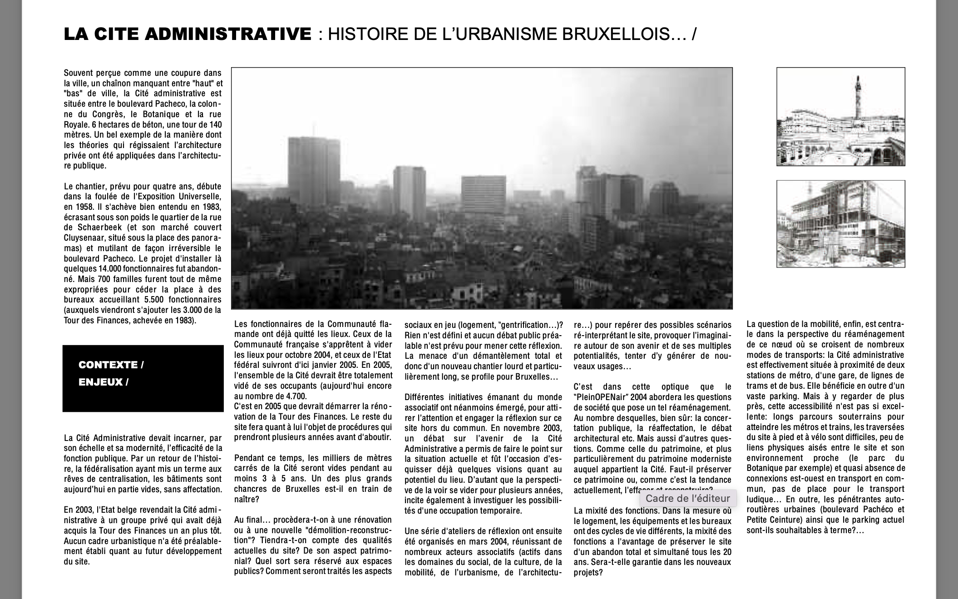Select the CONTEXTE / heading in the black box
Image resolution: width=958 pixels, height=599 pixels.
coord(111,365)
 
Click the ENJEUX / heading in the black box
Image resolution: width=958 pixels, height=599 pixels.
coord(103,382)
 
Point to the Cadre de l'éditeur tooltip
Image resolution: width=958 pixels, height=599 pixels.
coord(687,498)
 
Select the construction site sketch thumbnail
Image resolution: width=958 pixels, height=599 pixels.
coord(840,223)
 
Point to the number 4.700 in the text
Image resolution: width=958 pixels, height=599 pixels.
coord(295,396)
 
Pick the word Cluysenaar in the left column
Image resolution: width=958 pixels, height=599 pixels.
coord(83,238)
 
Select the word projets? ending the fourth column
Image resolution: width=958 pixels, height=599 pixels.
coord(588,573)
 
